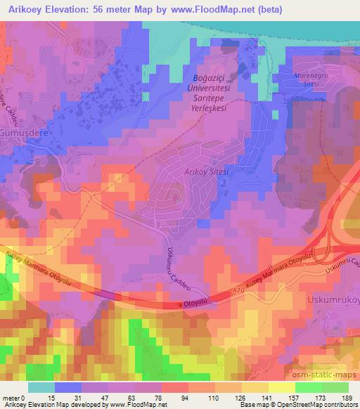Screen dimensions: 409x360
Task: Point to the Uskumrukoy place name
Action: tap(334, 298)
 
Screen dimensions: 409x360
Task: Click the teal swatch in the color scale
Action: tap(41, 387)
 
